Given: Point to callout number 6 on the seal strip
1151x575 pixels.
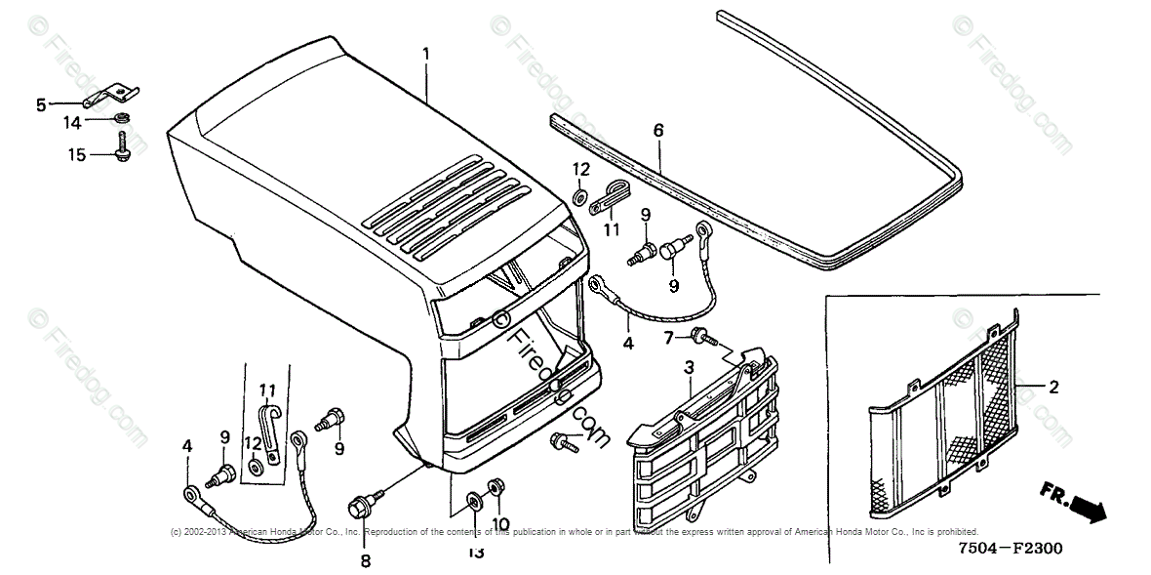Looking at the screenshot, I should point(657,130).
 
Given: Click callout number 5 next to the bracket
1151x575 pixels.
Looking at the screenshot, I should point(41,104).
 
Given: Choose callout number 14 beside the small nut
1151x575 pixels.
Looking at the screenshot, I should point(73,122).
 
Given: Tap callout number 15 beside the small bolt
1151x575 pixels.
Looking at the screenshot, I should point(74,154).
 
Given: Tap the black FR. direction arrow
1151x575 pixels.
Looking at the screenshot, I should point(1090,507).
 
